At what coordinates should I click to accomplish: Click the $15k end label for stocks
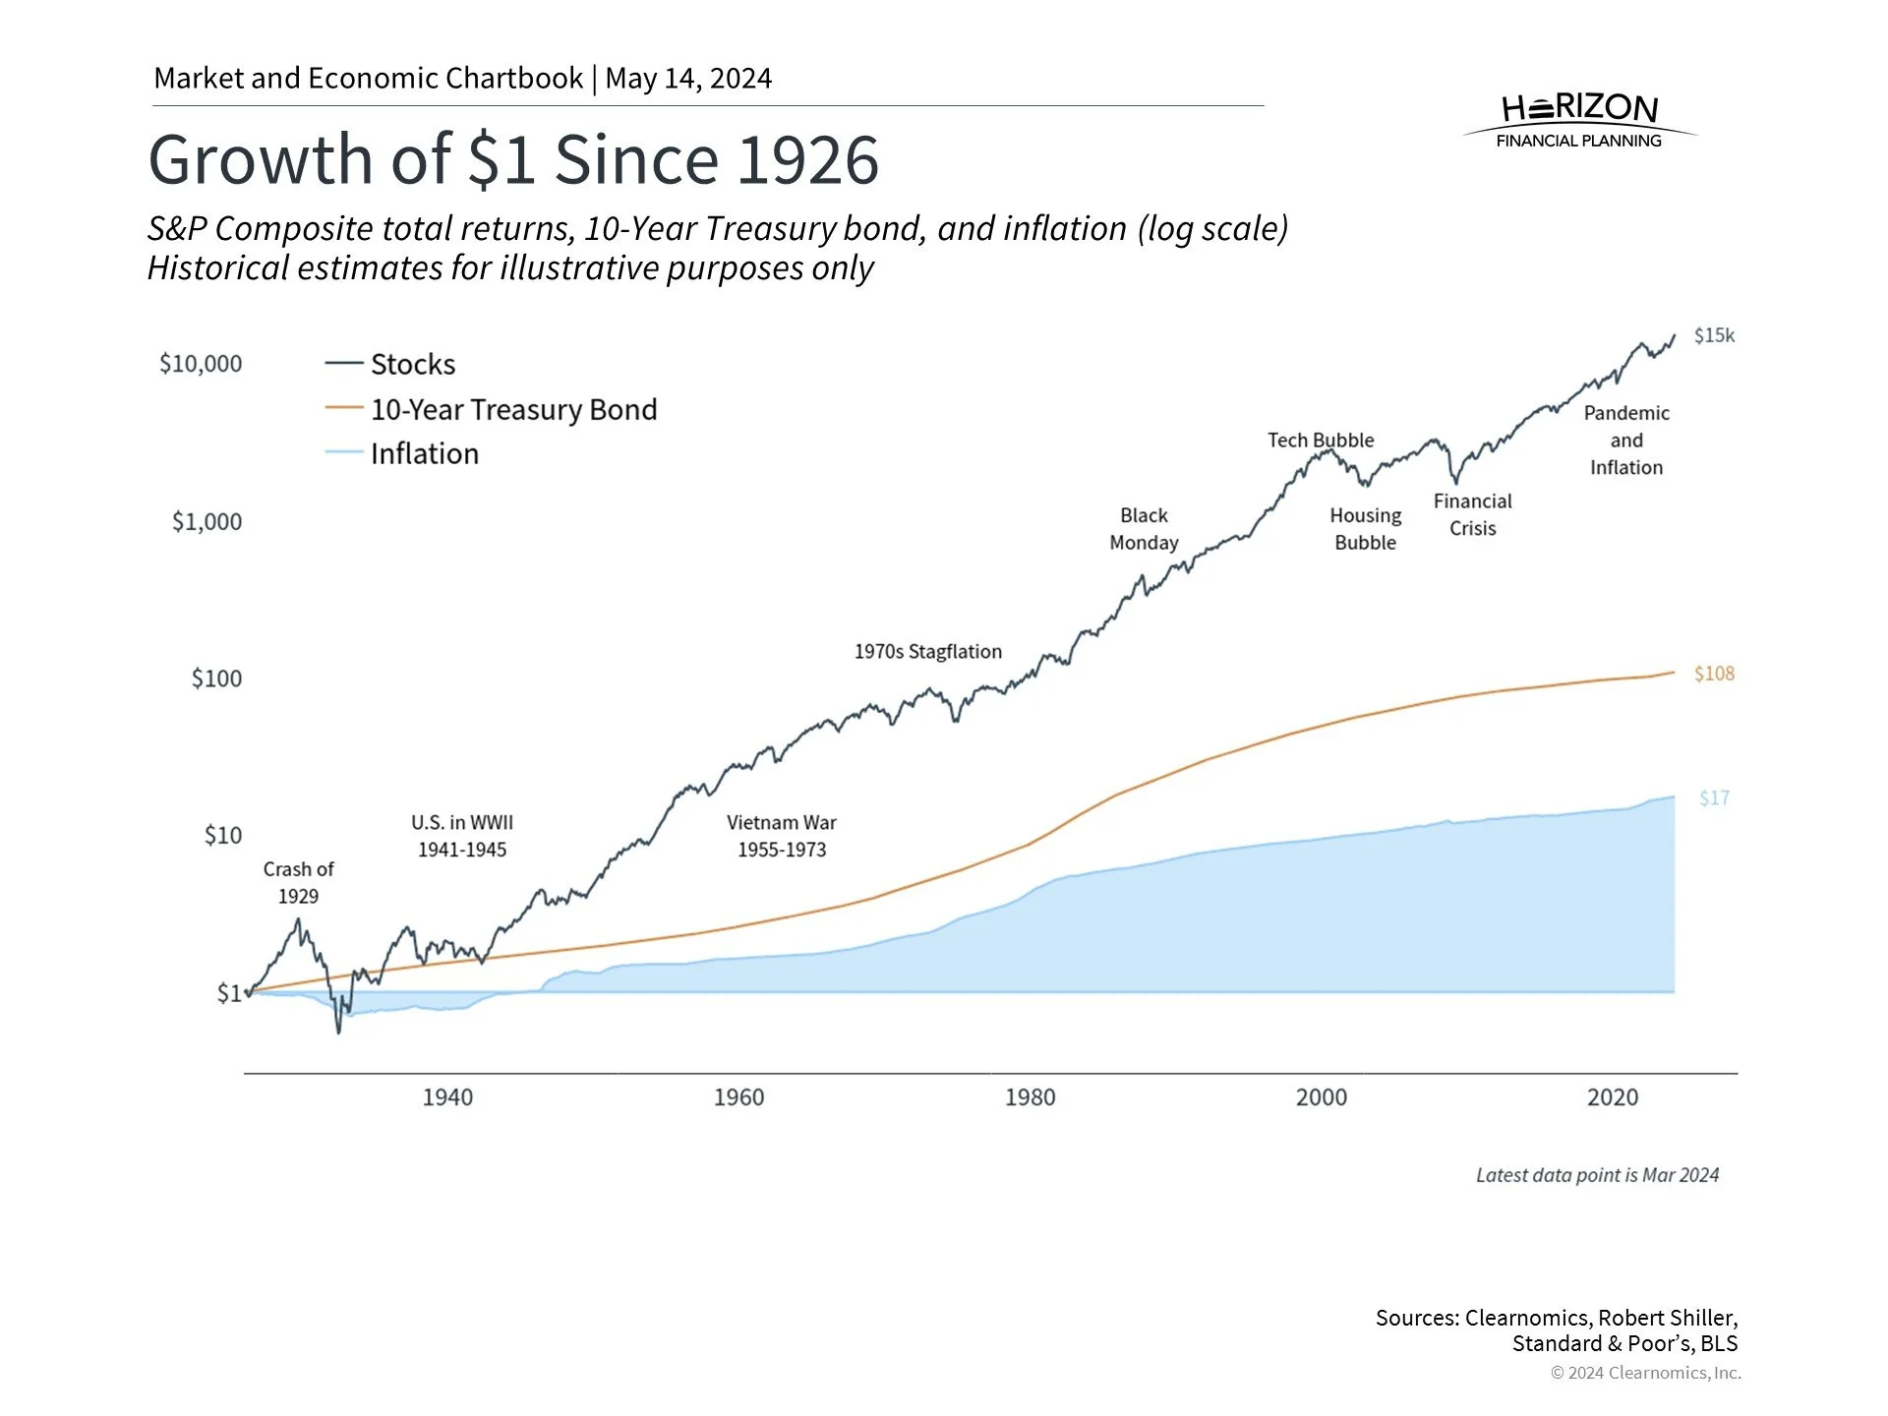coord(1714,335)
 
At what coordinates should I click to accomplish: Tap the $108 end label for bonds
coord(1714,674)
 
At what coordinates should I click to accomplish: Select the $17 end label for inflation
coord(1714,797)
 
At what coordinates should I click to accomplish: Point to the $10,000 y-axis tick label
coord(201,364)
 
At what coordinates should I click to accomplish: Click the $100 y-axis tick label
coord(216,678)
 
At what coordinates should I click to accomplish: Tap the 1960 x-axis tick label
coord(738,1097)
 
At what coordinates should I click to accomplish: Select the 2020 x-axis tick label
coord(1612,1097)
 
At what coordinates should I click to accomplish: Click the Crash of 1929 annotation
coord(298,882)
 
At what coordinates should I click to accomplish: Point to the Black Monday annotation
coord(1144,529)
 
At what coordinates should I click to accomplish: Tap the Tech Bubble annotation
coord(1321,440)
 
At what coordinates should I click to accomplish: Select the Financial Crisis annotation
coord(1472,514)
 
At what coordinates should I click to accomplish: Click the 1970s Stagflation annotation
coord(927,651)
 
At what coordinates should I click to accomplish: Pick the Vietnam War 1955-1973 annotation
coord(782,836)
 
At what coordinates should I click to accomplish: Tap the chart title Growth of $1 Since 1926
coord(513,159)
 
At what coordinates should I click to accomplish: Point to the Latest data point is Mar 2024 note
coord(1597,1175)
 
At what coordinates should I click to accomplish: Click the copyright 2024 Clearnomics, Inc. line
coord(1645,1373)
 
